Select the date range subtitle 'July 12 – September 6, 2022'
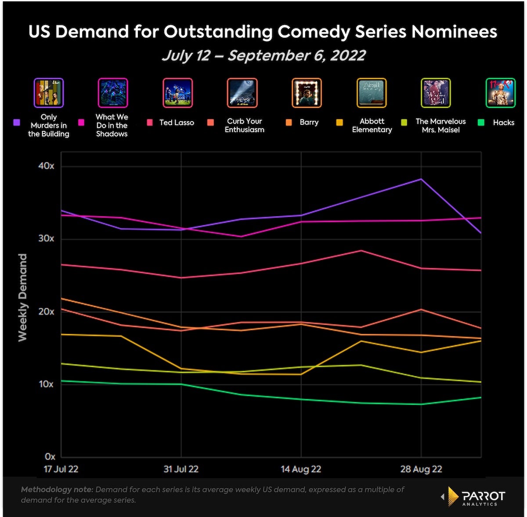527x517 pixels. [x=263, y=56]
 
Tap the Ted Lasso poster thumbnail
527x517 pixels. [x=177, y=93]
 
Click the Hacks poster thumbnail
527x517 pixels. [x=500, y=93]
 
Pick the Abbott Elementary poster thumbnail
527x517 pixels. [x=372, y=93]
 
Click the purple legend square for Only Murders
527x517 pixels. [x=17, y=123]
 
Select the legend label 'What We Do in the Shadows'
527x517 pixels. [x=112, y=125]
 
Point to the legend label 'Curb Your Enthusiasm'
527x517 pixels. [x=245, y=125]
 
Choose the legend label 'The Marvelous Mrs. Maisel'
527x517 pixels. [x=440, y=125]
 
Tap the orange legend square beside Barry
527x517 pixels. [x=289, y=123]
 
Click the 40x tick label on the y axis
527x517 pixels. [x=46, y=166]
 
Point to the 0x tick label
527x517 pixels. [x=50, y=457]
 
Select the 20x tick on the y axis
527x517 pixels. [x=46, y=311]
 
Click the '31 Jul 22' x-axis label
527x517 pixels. [x=181, y=469]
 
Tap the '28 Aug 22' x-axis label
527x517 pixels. [x=421, y=469]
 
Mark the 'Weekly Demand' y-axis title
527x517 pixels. [x=22, y=297]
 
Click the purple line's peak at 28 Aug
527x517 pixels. [x=421, y=179]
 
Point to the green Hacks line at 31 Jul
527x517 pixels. [x=181, y=384]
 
